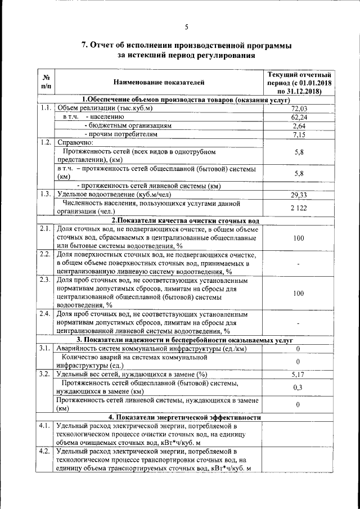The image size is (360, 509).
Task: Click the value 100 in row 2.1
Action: (x=299, y=238)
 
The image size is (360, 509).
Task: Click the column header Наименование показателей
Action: (x=159, y=83)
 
